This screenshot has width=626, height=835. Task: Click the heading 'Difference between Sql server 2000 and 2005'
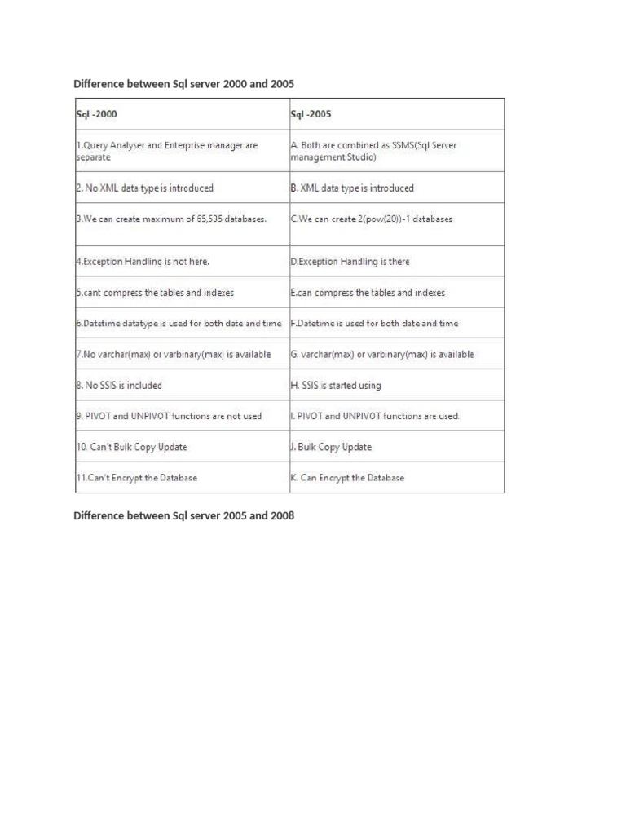[183, 84]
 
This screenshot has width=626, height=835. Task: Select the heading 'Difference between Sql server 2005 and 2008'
[183, 516]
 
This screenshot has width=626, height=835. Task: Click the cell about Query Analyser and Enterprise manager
[167, 151]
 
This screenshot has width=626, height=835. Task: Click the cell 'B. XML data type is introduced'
[352, 188]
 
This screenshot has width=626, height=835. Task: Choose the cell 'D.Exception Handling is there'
[350, 262]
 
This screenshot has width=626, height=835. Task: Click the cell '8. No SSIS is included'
[119, 385]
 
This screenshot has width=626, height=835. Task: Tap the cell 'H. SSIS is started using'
[336, 385]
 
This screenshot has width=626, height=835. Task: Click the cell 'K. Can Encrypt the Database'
[347, 478]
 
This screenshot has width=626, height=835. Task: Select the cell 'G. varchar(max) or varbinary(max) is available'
[382, 355]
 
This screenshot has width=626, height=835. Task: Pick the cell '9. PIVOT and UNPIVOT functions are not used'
[169, 416]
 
